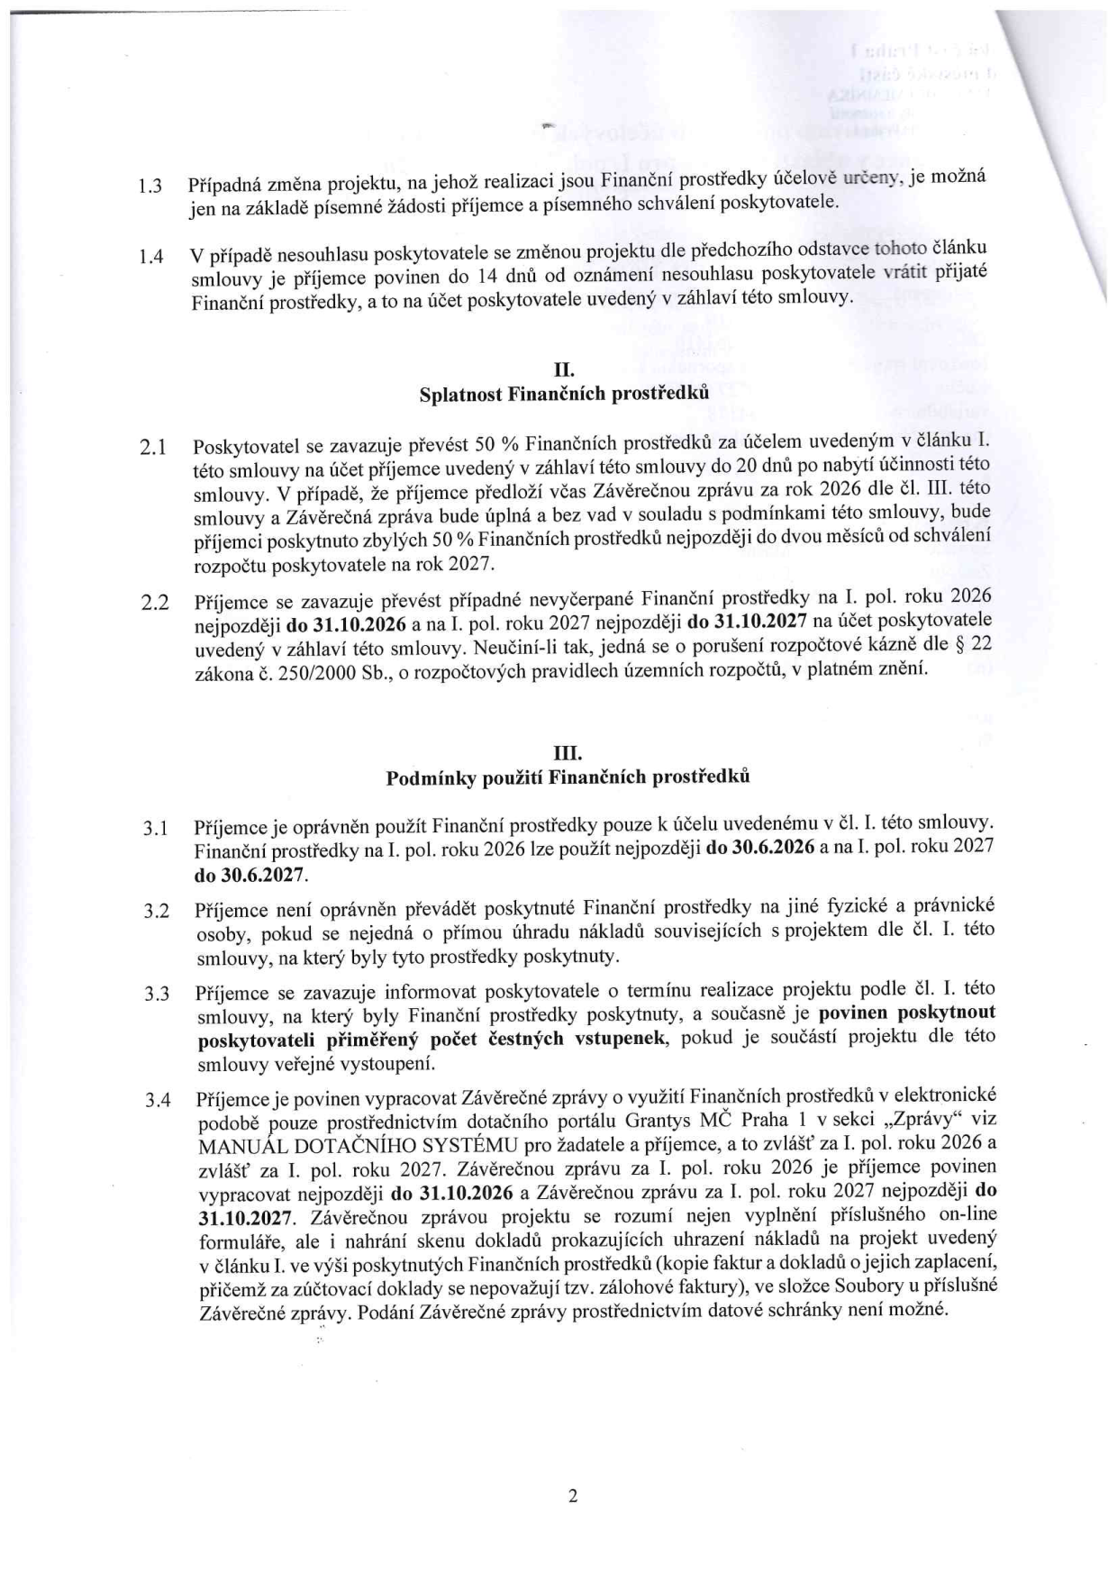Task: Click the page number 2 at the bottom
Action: pyautogui.click(x=572, y=1497)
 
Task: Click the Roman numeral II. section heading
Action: pyautogui.click(x=564, y=369)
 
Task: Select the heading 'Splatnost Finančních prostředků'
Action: pyautogui.click(x=565, y=394)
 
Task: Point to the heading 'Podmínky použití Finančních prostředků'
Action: pyautogui.click(x=568, y=777)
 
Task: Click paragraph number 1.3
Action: pyautogui.click(x=150, y=187)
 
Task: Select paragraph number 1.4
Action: pyautogui.click(x=150, y=257)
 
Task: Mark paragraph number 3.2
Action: pyautogui.click(x=157, y=911)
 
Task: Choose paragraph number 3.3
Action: pyautogui.click(x=157, y=995)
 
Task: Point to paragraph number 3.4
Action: pyautogui.click(x=157, y=1100)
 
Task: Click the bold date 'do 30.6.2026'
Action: pyautogui.click(x=761, y=849)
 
